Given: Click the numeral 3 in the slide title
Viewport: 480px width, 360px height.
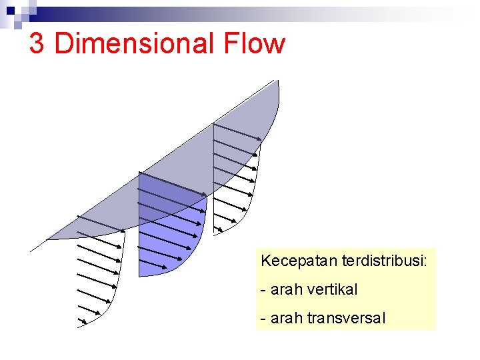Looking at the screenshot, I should click(37, 44).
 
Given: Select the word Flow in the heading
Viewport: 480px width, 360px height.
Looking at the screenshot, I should click(255, 44).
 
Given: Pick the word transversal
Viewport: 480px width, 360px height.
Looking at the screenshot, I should click(346, 318).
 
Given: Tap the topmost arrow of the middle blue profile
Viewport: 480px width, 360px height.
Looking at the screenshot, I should click(172, 183).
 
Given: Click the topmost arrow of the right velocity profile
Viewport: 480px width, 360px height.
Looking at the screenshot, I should click(237, 131).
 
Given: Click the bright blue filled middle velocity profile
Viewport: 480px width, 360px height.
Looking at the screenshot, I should click(170, 240).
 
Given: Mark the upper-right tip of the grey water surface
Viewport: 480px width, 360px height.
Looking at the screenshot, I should click(276, 81).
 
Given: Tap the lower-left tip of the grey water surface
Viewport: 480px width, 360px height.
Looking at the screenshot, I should click(48, 238).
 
